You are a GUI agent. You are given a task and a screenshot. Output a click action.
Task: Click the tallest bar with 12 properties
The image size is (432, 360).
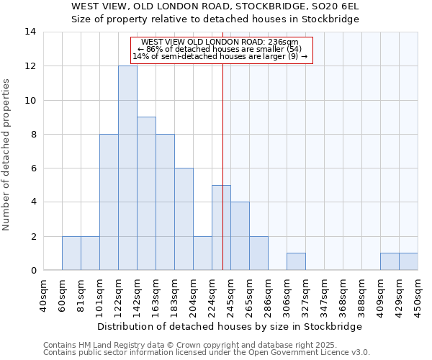click(127, 168)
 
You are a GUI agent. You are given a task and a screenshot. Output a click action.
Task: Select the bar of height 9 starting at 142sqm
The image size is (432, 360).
click(146, 194)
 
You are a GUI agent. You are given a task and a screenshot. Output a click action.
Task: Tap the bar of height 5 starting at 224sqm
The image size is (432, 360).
click(221, 228)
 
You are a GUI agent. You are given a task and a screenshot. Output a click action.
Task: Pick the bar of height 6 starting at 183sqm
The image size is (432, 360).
click(184, 219)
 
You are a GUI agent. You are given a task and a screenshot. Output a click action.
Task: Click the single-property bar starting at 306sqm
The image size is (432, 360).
click(296, 262)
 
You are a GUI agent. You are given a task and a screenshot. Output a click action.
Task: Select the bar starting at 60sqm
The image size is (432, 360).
click(71, 253)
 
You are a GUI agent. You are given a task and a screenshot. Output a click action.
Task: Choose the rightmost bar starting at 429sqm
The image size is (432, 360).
click(408, 262)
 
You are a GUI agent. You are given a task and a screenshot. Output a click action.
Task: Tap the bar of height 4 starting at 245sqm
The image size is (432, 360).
click(240, 236)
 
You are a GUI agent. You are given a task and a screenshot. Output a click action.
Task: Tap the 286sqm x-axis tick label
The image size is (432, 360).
click(269, 294)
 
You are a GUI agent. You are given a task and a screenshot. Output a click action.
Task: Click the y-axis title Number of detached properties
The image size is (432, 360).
click(7, 155)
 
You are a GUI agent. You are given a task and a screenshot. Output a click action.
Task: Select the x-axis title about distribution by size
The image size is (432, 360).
click(229, 326)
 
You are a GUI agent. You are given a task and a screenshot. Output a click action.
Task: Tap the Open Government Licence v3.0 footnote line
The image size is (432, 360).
click(207, 353)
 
